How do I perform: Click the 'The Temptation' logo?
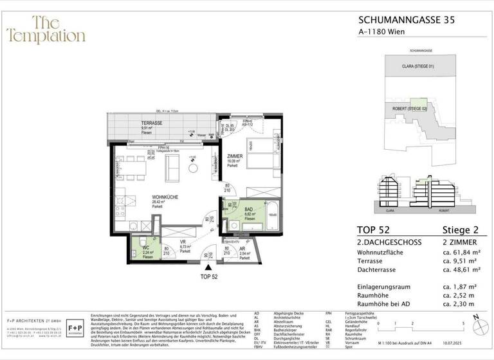45,30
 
